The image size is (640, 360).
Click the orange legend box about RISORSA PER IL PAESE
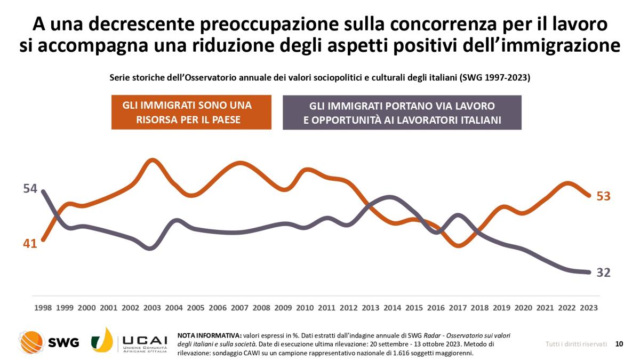coord(191,113)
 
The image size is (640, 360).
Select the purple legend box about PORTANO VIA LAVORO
coord(402,113)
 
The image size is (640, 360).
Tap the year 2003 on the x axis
coord(152,308)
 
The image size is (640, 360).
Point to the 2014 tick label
coord(392,308)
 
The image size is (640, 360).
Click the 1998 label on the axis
coord(43,308)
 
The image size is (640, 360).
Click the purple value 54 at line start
coord(30,189)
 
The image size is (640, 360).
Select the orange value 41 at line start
coord(30,244)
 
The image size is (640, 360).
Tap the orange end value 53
coord(603,196)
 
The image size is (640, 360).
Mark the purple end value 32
coord(603,273)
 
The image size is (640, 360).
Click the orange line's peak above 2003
coord(152,159)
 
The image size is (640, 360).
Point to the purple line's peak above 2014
coord(390,197)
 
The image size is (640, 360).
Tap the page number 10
coord(619,344)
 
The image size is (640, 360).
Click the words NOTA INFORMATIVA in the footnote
coord(209,335)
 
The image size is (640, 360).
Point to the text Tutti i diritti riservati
coord(576,344)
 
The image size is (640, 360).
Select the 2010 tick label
coord(305,308)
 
